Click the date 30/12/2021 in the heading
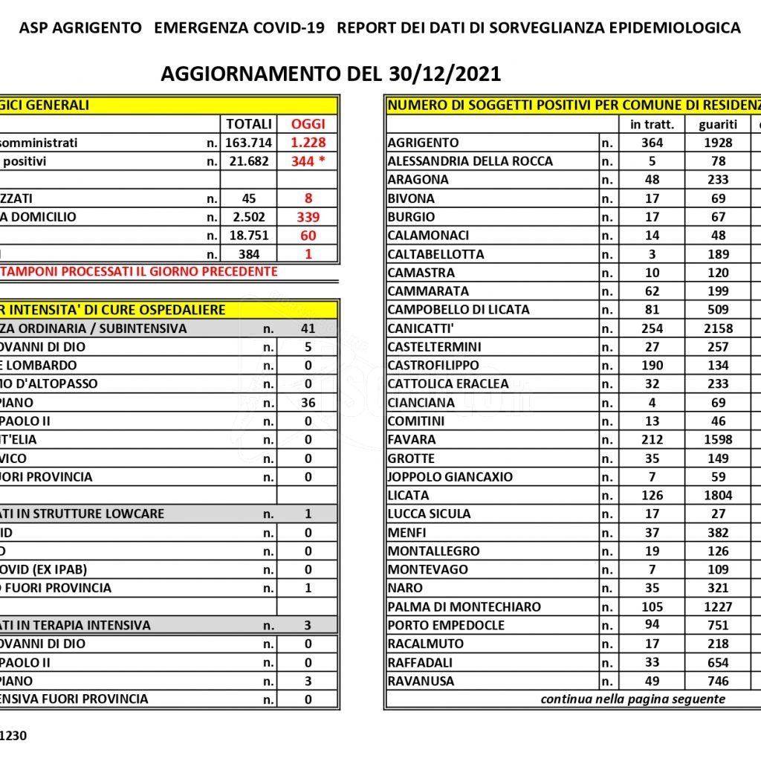click(444, 74)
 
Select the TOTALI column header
click(248, 124)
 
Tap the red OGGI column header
click(308, 124)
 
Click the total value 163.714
click(248, 143)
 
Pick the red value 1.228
click(308, 143)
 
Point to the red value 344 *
click(308, 161)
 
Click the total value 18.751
click(248, 236)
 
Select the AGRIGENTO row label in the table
click(424, 143)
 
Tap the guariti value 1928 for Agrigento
click(717, 143)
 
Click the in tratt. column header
click(652, 124)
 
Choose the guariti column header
click(717, 124)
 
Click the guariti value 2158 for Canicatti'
click(717, 328)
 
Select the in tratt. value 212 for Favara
click(652, 439)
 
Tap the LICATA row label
click(408, 495)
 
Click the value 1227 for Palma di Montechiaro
click(717, 606)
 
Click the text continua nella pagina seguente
click(632, 699)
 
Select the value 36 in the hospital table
click(308, 403)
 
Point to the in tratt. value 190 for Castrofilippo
click(652, 365)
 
